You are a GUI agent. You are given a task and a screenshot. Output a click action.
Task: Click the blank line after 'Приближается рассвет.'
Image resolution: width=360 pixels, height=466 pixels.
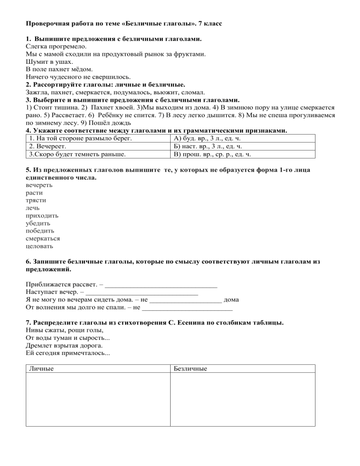click(162, 284)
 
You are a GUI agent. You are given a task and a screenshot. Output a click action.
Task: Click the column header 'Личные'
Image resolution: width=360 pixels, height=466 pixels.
click(41, 368)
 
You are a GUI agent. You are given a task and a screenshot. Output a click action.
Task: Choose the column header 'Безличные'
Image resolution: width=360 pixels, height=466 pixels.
click(190, 368)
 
